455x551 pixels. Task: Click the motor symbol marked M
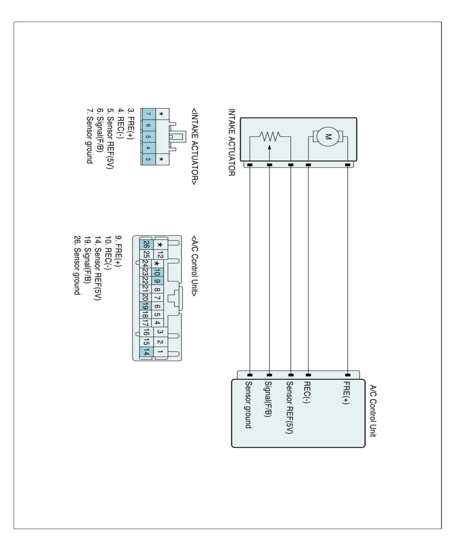(x=328, y=137)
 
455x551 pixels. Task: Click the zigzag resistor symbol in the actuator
(x=270, y=136)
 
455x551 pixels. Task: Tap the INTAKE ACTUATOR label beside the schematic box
(x=232, y=142)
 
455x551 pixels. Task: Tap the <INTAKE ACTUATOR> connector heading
(x=194, y=147)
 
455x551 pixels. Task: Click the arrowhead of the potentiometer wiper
(x=270, y=147)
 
